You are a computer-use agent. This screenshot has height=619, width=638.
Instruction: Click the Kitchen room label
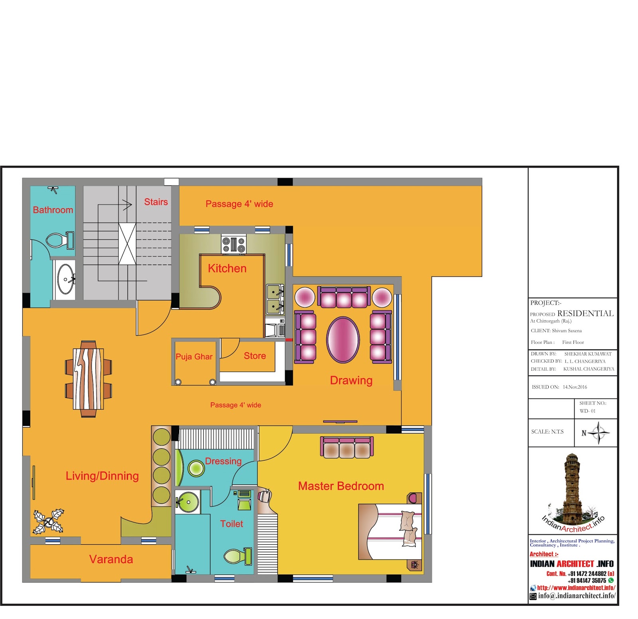227,268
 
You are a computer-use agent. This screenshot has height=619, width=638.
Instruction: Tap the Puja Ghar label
194,357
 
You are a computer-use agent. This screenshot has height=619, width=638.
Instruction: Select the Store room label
255,356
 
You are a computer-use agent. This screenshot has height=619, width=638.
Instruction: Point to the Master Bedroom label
341,486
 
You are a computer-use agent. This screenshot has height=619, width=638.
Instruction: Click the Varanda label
111,559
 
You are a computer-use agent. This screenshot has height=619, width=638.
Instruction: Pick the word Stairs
156,202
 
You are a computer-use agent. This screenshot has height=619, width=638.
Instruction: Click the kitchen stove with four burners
234,244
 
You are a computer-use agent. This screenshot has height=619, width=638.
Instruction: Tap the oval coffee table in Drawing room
343,340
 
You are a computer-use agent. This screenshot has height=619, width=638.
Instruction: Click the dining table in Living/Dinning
88,379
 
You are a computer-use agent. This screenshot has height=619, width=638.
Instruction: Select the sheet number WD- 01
587,411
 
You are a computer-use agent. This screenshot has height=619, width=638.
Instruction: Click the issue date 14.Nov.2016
575,387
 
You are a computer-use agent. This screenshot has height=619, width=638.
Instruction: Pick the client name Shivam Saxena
567,331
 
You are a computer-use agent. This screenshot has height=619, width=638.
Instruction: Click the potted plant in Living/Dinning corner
48,521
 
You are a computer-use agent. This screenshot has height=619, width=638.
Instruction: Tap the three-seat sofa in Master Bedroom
347,447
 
